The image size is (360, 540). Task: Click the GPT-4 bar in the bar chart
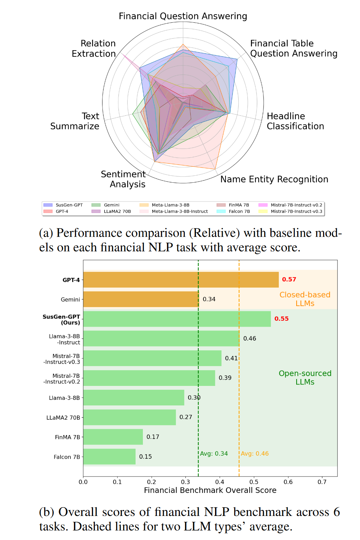click(181, 280)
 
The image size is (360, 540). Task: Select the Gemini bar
click(141, 299)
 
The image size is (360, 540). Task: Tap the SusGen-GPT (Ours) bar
click(177, 319)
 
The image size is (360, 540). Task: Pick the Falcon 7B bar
click(109, 457)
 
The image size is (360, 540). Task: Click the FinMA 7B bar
click(113, 437)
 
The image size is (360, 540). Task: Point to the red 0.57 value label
click(289, 280)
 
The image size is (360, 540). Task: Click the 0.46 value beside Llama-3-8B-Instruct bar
click(250, 339)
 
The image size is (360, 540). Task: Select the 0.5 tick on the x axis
click(254, 482)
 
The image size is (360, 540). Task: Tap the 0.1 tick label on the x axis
click(117, 482)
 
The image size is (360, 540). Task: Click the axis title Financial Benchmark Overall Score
click(210, 490)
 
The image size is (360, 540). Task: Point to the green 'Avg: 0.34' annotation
click(214, 454)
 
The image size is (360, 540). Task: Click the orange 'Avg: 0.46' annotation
click(255, 454)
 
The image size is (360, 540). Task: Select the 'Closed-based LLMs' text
click(305, 299)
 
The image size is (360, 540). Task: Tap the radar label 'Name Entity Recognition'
click(274, 179)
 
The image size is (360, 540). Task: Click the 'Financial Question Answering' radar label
click(183, 16)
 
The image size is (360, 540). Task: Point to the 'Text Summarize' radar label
click(75, 121)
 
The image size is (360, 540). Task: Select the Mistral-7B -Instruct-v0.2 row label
click(62, 379)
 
